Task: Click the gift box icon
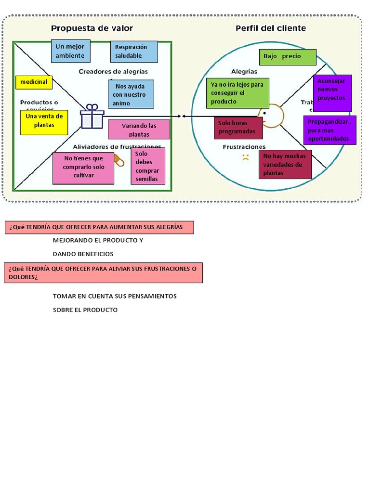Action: pos(92,117)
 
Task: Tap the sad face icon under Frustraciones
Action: pos(245,157)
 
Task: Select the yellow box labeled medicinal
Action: pos(34,82)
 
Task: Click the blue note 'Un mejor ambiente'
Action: pos(70,51)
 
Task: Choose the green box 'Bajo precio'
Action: pos(287,57)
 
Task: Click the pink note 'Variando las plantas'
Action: pos(139,130)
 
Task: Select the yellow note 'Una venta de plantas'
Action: pos(44,122)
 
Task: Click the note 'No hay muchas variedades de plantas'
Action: pos(285,165)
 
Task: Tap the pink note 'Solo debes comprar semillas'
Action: pos(147,166)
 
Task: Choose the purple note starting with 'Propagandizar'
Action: pos(330,130)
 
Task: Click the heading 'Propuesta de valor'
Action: pos(92,28)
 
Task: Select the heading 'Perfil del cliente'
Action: pos(270,28)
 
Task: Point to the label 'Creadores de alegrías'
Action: pos(113,71)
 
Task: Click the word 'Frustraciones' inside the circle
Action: pos(244,146)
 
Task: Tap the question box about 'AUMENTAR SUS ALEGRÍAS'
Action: pos(99,227)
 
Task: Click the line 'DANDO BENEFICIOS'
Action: pos(83,254)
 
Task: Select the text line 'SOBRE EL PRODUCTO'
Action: pos(85,310)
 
